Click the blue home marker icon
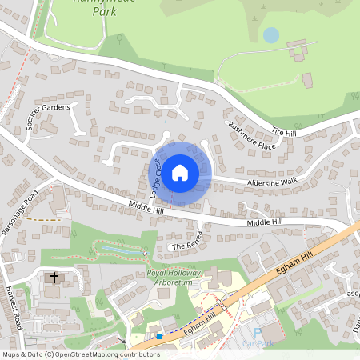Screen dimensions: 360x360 [x=180, y=172]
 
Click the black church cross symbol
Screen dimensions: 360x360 [x=55, y=278]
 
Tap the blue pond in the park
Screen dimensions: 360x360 [x=271, y=35]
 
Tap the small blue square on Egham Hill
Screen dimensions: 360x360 [x=159, y=337]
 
